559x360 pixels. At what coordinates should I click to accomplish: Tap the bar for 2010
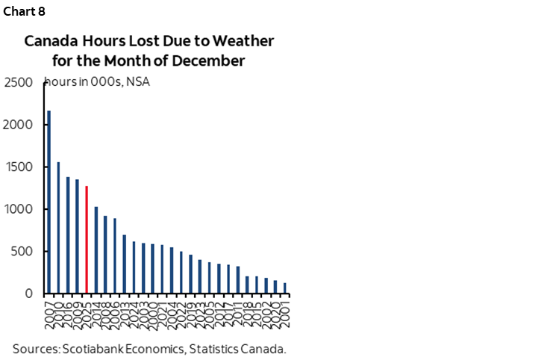[x=59, y=227]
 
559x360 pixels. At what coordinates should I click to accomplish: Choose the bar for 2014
[x=96, y=249]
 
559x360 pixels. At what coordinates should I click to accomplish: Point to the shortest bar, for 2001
[x=285, y=288]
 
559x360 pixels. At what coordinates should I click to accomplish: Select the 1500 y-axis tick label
[x=19, y=167]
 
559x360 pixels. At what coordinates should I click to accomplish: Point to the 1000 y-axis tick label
[x=19, y=209]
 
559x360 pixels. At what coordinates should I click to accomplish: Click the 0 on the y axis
[x=30, y=294]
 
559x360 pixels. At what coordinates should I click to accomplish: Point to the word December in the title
[x=211, y=61]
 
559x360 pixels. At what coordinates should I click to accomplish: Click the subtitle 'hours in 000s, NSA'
[x=98, y=82]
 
